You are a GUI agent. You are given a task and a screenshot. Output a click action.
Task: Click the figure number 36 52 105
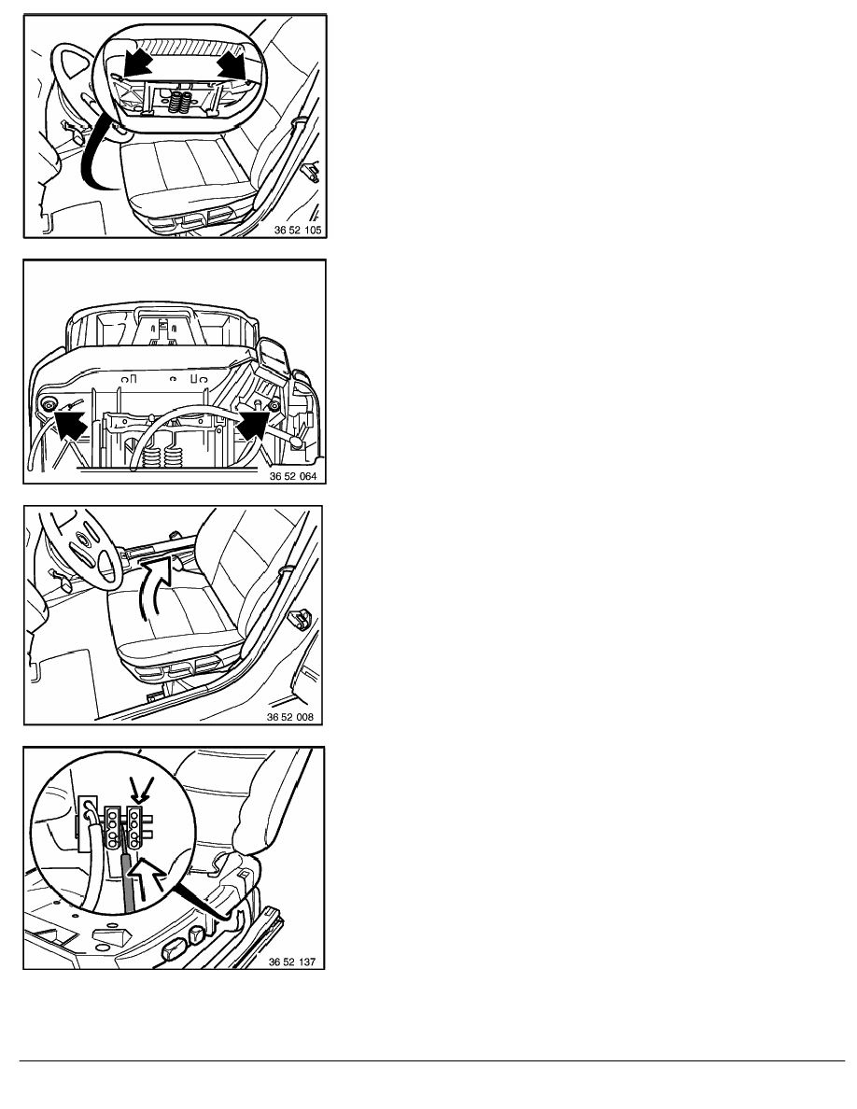[x=297, y=230]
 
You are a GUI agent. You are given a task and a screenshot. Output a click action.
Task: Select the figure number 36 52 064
[x=293, y=476]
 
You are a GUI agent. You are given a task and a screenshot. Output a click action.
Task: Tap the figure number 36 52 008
[x=290, y=717]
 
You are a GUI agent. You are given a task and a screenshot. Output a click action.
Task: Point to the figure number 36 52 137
[x=291, y=962]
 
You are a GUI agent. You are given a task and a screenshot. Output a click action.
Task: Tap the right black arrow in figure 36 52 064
[x=252, y=425]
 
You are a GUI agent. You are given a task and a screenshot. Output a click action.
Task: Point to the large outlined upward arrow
[x=149, y=875]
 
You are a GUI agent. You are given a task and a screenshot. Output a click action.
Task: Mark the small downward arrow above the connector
[x=139, y=790]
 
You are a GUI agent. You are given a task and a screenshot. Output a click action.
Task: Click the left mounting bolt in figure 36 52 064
[x=49, y=404]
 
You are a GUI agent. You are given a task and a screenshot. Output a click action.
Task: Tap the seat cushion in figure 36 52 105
[x=185, y=174]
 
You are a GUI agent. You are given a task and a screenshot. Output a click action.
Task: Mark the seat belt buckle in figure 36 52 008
[x=302, y=620]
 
